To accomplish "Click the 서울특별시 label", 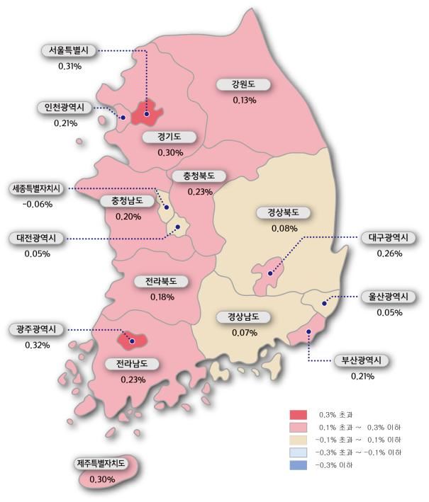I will (69, 51).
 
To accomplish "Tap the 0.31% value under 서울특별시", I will (69, 67).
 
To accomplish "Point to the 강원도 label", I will (244, 84).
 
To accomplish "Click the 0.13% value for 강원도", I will (244, 100).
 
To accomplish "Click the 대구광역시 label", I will (389, 237).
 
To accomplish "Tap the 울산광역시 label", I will (389, 296).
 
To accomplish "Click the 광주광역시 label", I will (37, 330).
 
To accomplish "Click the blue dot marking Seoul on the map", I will (147, 113).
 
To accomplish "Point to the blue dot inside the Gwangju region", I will (132, 341).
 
